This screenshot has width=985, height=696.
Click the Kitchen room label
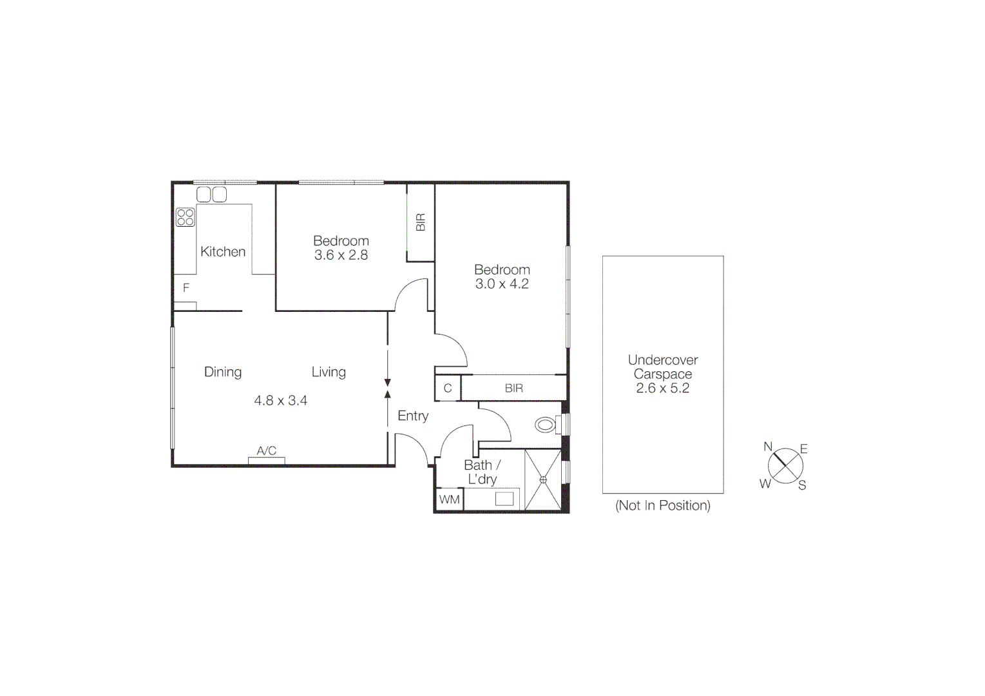click(x=223, y=252)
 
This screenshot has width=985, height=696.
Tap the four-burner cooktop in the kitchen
click(x=186, y=217)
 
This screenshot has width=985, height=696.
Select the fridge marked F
click(x=186, y=288)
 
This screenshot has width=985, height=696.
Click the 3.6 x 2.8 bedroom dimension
click(x=341, y=255)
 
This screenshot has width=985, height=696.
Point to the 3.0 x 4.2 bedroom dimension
click(x=502, y=284)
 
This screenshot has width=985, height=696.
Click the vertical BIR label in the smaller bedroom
click(x=421, y=222)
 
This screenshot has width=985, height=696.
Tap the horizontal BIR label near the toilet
click(x=514, y=389)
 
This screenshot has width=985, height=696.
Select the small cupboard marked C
click(x=448, y=389)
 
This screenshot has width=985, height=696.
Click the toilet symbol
click(x=546, y=425)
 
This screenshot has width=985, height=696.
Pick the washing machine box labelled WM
click(x=450, y=499)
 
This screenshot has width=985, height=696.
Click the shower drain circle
click(x=543, y=479)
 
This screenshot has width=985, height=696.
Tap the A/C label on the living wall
click(x=267, y=451)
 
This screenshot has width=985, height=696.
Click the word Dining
click(x=223, y=372)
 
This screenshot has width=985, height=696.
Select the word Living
click(x=329, y=372)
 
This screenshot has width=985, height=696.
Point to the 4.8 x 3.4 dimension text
click(x=280, y=401)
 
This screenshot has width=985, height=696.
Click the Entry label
click(x=413, y=416)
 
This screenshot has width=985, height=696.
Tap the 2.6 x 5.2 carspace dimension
click(x=662, y=388)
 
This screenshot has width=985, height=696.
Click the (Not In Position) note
click(x=663, y=505)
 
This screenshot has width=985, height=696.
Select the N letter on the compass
click(x=768, y=447)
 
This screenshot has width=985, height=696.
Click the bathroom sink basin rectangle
click(x=504, y=498)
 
